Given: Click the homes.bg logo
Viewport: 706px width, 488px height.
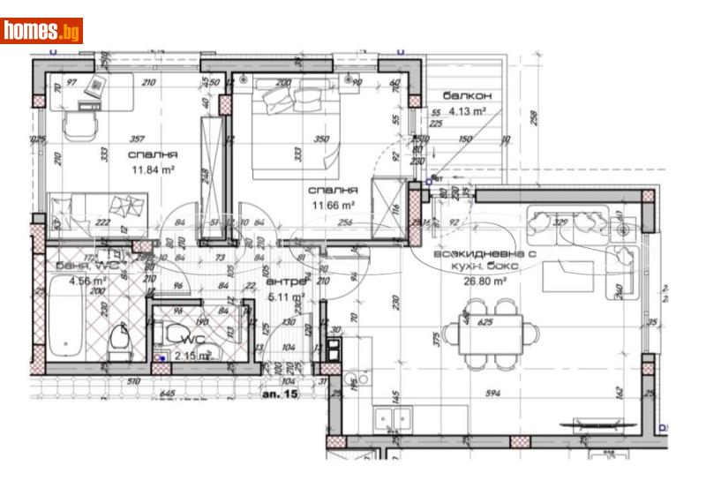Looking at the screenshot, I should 41,31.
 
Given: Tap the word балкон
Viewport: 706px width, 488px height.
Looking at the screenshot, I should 467,95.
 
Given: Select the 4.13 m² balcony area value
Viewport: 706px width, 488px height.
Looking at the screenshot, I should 468,111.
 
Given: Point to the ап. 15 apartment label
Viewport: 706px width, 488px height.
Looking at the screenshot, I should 281,394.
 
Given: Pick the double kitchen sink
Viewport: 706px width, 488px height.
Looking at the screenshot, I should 393,418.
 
